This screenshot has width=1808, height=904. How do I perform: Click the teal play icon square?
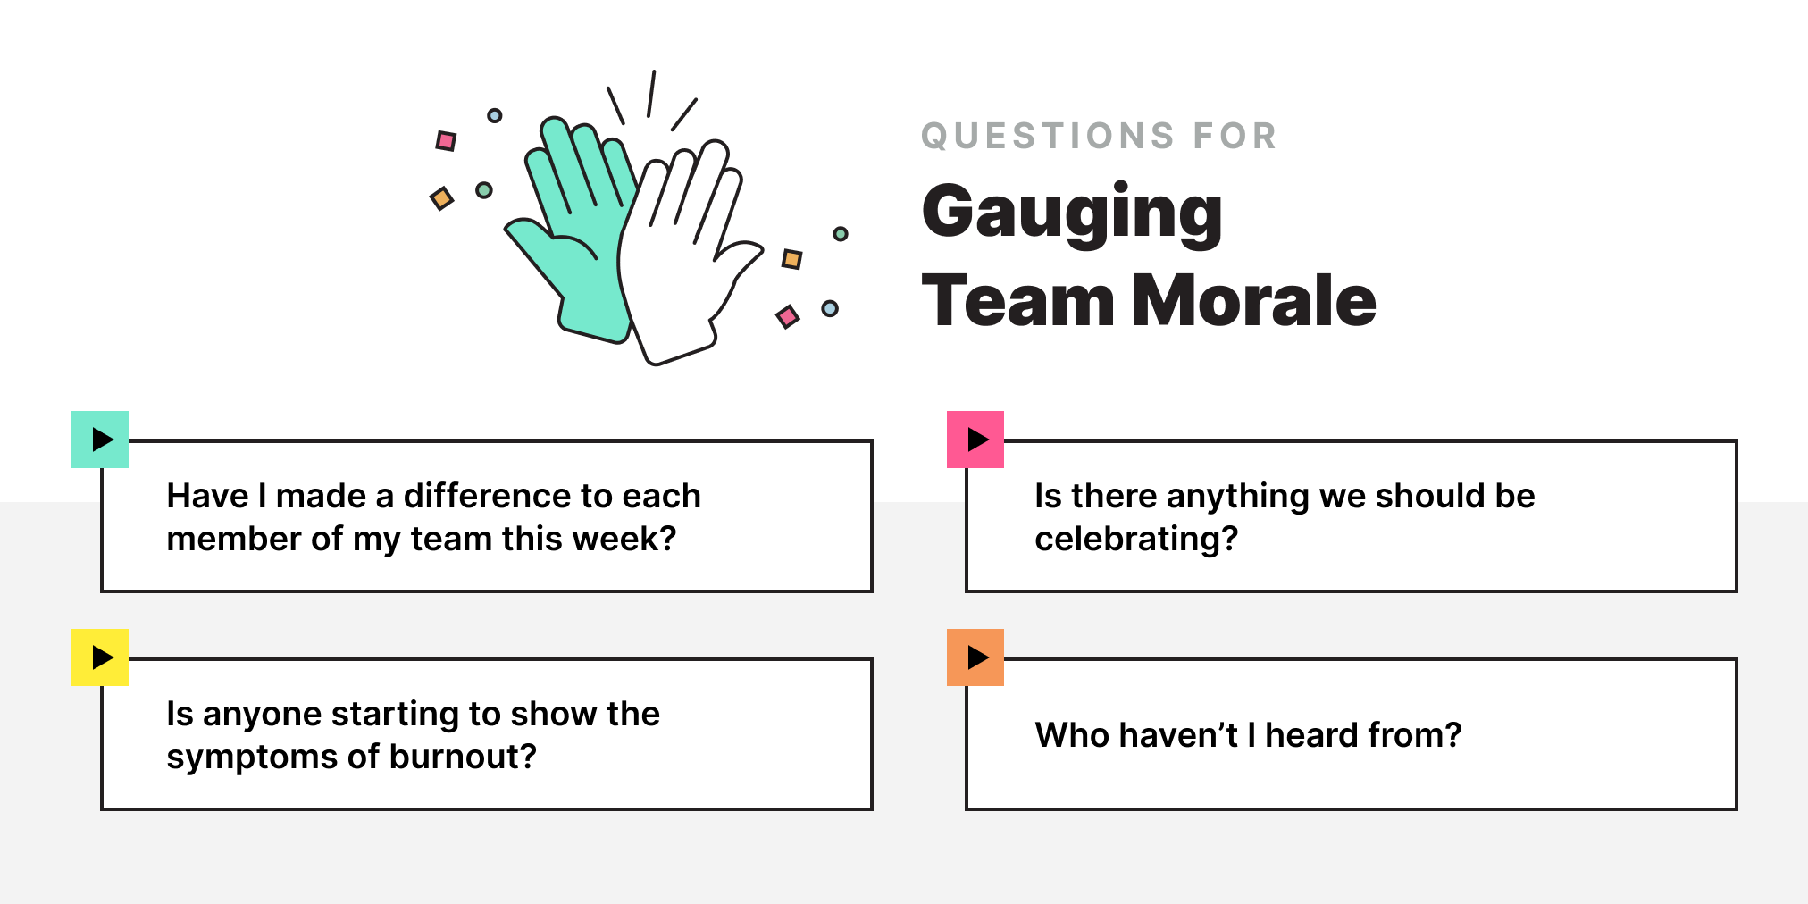click(100, 439)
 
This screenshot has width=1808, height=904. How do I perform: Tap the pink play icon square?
click(975, 439)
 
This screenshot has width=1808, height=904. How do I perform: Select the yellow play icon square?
click(100, 657)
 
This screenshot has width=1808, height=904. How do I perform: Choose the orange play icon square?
click(975, 657)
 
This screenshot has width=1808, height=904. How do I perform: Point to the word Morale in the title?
click(1254, 301)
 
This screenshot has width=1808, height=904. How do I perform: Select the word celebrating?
click(1135, 539)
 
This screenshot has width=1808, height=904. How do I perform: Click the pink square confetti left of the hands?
click(446, 141)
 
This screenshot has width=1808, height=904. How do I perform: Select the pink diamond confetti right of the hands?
click(787, 316)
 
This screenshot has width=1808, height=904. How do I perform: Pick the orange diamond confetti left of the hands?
click(441, 198)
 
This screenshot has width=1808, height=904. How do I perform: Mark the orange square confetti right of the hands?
click(791, 259)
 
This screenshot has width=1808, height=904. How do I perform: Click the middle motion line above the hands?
click(651, 94)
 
